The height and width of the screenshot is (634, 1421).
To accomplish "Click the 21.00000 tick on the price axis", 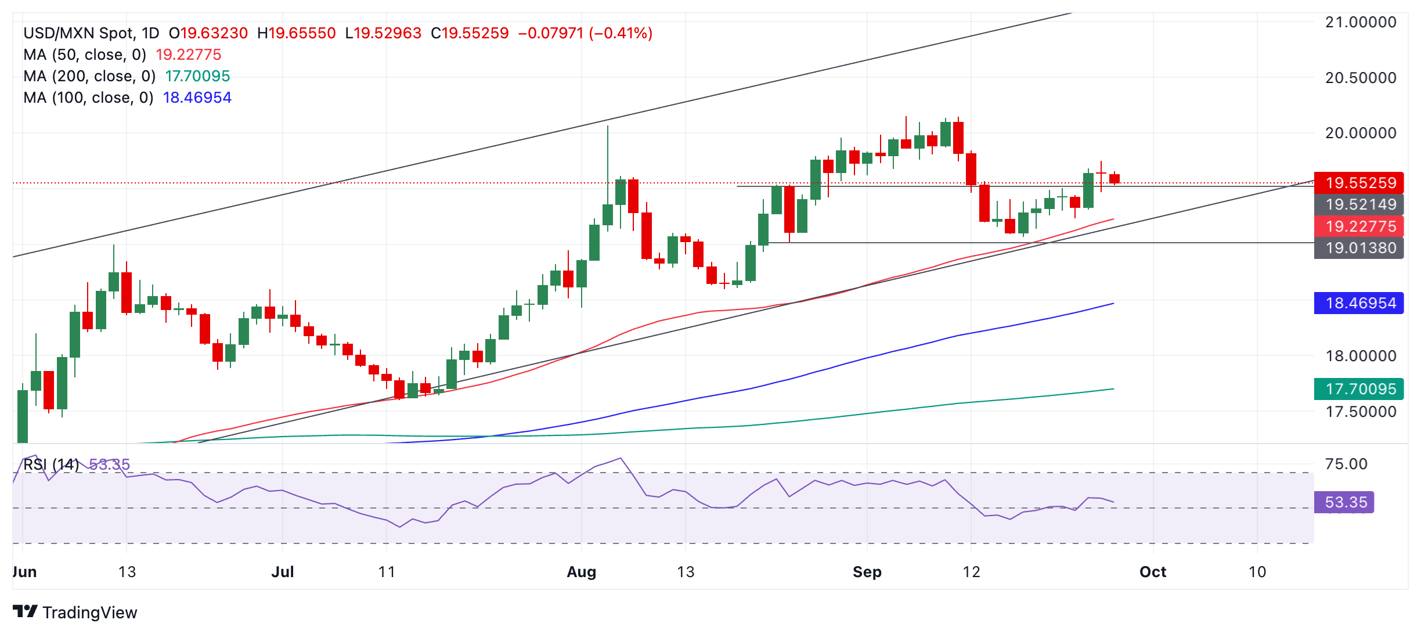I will pyautogui.click(x=1360, y=23).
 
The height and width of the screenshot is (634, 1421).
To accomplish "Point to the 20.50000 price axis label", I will pyautogui.click(x=1360, y=78).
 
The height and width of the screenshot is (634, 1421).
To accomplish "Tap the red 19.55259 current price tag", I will pyautogui.click(x=1358, y=183).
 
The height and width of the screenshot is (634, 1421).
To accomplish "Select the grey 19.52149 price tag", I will pyautogui.click(x=1358, y=204).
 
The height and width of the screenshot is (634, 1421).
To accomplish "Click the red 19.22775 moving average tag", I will pyautogui.click(x=1358, y=226).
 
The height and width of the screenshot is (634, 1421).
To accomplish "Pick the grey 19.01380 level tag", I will pyautogui.click(x=1358, y=248).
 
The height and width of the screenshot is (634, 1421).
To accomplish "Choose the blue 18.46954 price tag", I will pyautogui.click(x=1358, y=303).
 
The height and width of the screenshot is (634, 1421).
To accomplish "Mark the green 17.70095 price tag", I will pyautogui.click(x=1358, y=389).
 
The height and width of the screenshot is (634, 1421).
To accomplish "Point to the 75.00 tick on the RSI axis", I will pyautogui.click(x=1346, y=464).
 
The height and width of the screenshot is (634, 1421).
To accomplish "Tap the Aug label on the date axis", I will pyautogui.click(x=581, y=572).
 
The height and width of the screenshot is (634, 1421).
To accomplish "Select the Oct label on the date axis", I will pyautogui.click(x=1152, y=572).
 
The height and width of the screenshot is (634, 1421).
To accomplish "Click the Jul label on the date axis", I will pyautogui.click(x=283, y=572).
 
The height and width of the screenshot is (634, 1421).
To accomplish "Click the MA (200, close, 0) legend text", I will pyautogui.click(x=89, y=76).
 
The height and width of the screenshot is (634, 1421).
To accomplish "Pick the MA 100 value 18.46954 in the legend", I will pyautogui.click(x=197, y=98).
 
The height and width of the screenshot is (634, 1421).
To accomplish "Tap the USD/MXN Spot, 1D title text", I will pyautogui.click(x=91, y=33).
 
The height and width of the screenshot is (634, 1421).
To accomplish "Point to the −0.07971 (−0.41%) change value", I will pyautogui.click(x=585, y=33).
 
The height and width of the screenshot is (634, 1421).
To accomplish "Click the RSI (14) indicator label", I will pyautogui.click(x=51, y=464).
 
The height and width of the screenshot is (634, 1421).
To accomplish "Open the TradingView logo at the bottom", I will pyautogui.click(x=75, y=613).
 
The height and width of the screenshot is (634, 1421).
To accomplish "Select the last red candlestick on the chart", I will pyautogui.click(x=1114, y=179).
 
